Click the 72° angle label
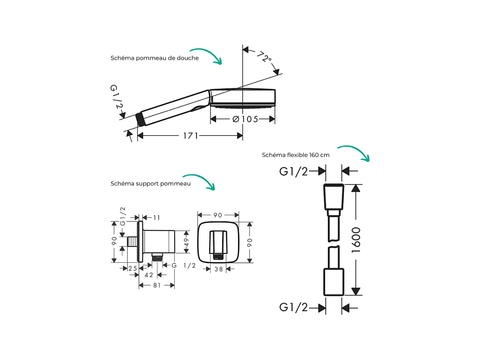point(264,57)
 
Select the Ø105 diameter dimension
point(245,119)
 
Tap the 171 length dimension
point(191,135)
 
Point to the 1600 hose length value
point(356,240)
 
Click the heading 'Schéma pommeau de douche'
point(155,58)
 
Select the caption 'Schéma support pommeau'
point(151,183)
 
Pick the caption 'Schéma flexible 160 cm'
point(296,155)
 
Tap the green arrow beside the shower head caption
point(207,55)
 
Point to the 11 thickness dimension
point(157,218)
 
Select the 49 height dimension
point(186,242)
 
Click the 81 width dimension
point(157,285)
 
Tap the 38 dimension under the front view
point(218,269)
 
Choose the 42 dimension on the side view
point(149,275)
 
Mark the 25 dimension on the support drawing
point(133,268)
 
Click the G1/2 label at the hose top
point(293,171)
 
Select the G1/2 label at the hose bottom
point(293,307)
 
